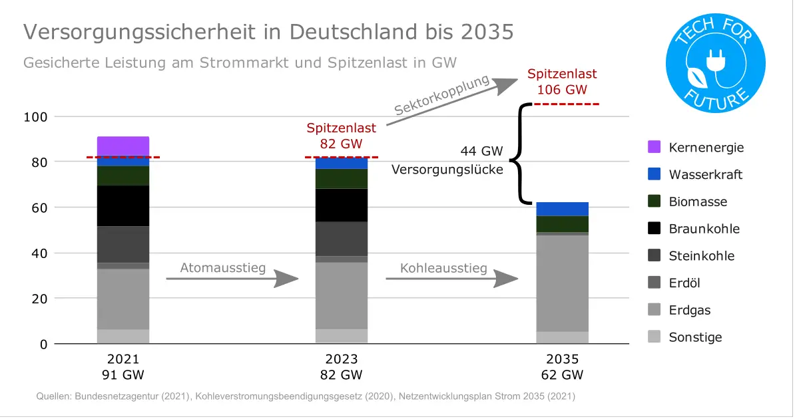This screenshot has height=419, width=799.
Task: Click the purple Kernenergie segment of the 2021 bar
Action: click(123, 146)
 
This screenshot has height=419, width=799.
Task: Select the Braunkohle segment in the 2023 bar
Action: click(342, 205)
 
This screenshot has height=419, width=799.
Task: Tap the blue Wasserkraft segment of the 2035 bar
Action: click(562, 209)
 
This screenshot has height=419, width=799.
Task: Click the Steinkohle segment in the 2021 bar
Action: click(123, 245)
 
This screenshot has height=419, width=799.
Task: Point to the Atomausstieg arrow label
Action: click(222, 268)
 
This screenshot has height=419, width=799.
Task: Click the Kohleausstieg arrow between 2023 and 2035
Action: click(452, 278)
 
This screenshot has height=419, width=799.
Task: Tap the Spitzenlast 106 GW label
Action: click(562, 82)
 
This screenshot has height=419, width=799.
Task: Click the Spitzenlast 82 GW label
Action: click(341, 135)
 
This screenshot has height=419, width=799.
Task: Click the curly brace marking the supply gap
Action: click(518, 153)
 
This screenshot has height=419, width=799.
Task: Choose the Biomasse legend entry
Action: click(698, 202)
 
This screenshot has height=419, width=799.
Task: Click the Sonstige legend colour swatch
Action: click(654, 337)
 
